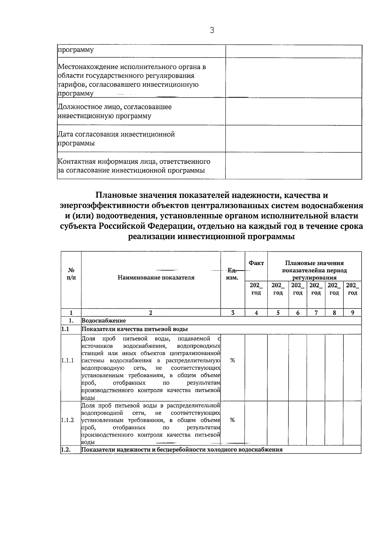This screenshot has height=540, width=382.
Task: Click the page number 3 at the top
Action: [212, 30]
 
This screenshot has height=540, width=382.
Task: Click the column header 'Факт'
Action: [256, 263]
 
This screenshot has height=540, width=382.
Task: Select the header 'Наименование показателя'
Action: [156, 277]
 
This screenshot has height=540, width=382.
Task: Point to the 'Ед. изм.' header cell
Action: [233, 274]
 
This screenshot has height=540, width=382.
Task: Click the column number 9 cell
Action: [352, 313]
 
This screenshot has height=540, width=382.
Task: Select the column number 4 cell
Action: [256, 313]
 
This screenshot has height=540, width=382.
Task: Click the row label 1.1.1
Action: [67, 361]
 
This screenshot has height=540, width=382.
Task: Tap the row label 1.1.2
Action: [67, 420]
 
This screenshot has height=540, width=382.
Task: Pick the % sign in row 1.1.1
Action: [233, 360]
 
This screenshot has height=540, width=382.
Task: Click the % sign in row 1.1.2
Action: [233, 420]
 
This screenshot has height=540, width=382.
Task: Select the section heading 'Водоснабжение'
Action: [104, 321]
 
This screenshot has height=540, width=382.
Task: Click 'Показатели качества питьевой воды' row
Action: [135, 329]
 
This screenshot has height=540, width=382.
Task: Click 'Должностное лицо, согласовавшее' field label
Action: [115, 107]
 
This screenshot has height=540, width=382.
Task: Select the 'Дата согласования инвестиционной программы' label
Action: [116, 139]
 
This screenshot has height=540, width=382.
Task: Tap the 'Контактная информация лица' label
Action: [134, 162]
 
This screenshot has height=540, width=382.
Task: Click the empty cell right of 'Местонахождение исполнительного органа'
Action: [294, 78]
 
